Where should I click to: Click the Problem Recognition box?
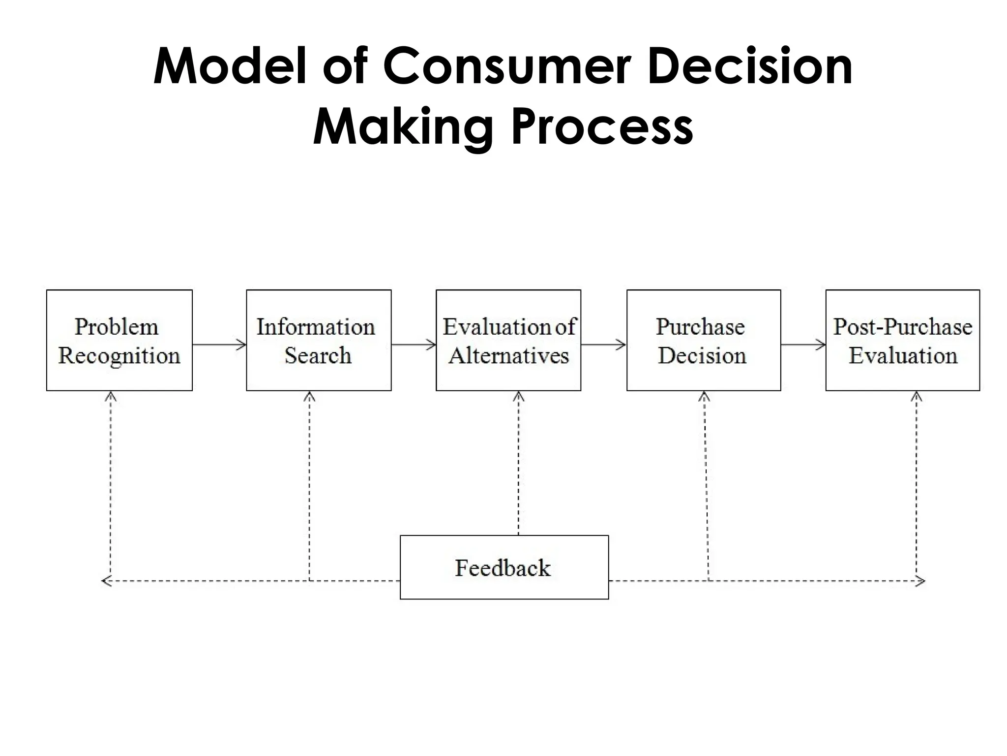[119, 341]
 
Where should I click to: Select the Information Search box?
[319, 341]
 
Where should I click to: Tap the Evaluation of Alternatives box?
[508, 341]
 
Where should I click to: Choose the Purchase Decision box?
[703, 341]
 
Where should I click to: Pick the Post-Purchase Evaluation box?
[902, 341]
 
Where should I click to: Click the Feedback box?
[504, 567]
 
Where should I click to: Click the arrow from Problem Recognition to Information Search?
[219, 345]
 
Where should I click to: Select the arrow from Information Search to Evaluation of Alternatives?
[414, 345]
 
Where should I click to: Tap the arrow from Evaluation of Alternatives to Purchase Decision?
[603, 345]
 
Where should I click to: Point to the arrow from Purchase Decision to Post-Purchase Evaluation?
[803, 345]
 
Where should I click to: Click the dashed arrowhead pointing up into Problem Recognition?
[111, 397]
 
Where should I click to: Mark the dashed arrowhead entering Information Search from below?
[309, 397]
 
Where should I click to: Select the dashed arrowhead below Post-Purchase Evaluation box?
[916, 397]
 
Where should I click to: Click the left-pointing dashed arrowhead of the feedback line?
[106, 581]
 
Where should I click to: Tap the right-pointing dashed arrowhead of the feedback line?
[920, 581]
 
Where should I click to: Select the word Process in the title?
[602, 127]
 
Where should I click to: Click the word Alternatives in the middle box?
[508, 356]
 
